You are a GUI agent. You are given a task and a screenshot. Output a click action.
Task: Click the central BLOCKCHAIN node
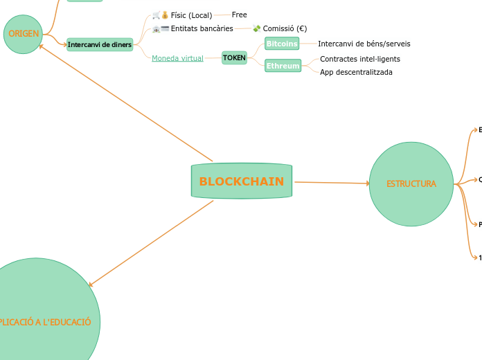pos(242,181)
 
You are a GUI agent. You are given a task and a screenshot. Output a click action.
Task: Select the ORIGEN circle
pos(24,34)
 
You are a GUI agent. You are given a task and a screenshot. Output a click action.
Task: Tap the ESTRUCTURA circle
pos(411,184)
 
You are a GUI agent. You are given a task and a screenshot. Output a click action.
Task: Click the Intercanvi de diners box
pos(100,45)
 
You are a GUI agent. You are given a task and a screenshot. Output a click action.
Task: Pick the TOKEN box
pos(234,58)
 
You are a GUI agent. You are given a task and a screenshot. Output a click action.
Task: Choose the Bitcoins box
pos(282,44)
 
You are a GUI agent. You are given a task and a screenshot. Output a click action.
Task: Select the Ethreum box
pos(283,66)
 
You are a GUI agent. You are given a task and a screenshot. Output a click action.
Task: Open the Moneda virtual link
pos(177,58)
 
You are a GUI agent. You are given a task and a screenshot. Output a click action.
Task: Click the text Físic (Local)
pos(191,15)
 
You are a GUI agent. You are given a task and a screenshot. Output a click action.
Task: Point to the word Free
pos(239,15)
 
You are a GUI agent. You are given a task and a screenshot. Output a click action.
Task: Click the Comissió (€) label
pos(285,28)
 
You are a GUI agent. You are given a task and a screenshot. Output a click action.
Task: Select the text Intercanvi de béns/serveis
pos(364,44)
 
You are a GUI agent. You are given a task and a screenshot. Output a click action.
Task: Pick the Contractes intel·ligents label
pos(359,59)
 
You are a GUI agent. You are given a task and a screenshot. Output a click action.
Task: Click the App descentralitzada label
pos(356,72)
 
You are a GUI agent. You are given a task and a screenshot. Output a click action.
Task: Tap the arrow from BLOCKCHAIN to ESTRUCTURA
pos(332,183)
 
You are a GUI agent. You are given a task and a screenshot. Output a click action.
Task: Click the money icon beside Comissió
pos(256,28)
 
